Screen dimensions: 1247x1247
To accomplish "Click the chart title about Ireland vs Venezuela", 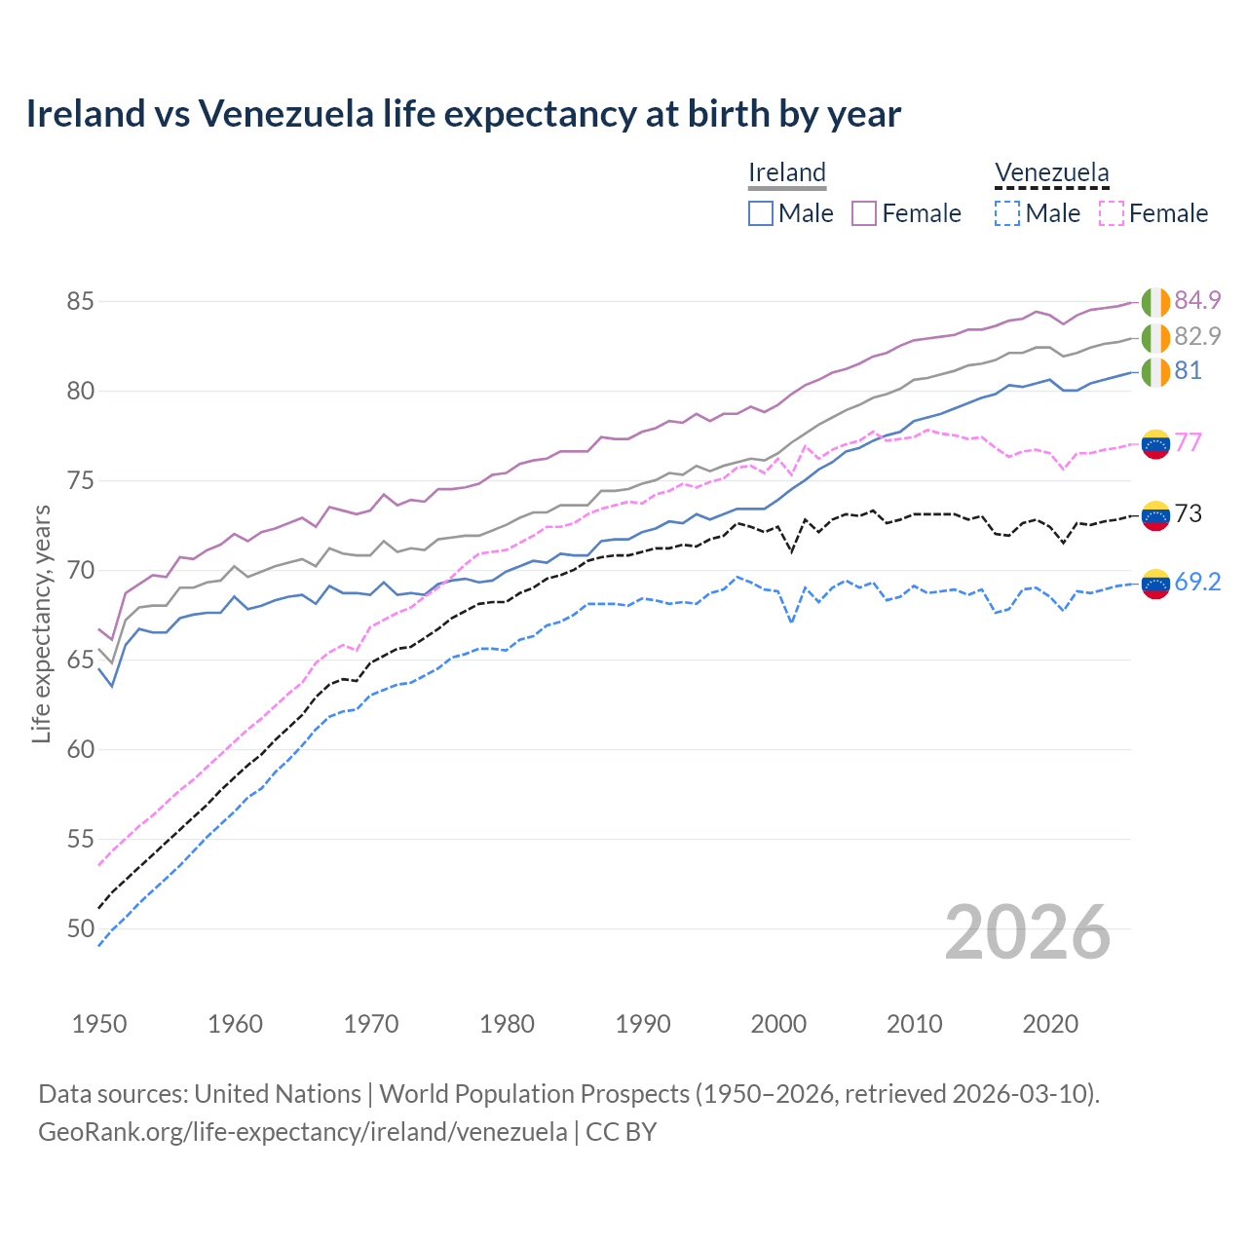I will tap(464, 114).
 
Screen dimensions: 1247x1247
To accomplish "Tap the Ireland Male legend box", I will tap(761, 213).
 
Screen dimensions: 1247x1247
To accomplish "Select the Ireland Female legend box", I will tap(864, 213).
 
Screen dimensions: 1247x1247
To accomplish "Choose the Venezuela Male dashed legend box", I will tap(1007, 213).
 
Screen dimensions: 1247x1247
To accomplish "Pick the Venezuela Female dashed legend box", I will tap(1111, 213).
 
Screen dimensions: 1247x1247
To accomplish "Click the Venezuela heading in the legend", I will tap(1051, 173).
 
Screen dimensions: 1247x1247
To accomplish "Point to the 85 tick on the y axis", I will tap(80, 302).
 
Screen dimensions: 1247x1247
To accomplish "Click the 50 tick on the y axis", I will tap(80, 929).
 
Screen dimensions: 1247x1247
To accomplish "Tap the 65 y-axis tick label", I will tap(80, 661).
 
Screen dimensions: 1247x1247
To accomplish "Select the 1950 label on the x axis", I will tap(99, 1024).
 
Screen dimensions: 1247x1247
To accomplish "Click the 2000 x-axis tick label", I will tap(778, 1024).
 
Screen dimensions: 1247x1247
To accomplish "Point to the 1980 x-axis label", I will tap(507, 1024).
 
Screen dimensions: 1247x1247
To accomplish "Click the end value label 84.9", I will tap(1197, 300).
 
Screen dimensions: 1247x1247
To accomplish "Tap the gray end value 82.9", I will tap(1197, 336).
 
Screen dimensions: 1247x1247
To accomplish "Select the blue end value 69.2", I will tap(1197, 583).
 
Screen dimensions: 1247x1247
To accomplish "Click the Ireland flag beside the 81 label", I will tap(1155, 372).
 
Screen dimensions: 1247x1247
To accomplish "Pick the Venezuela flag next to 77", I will tap(1155, 443).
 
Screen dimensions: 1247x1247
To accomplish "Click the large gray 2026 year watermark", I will tap(1028, 932).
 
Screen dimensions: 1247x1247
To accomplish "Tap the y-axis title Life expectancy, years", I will tap(41, 623).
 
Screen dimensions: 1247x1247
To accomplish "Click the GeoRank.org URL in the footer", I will tap(302, 1132).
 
